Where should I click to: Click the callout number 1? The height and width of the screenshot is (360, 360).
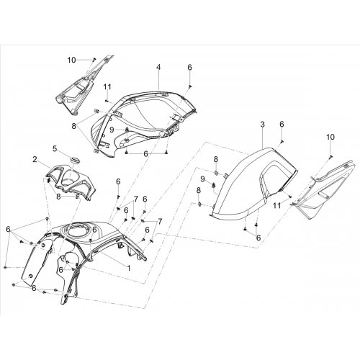(129, 268)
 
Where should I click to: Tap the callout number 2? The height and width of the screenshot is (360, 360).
(35, 159)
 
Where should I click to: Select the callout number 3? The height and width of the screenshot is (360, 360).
(262, 125)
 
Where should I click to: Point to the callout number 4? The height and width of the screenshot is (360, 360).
(158, 67)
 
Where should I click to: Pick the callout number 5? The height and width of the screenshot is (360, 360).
(55, 148)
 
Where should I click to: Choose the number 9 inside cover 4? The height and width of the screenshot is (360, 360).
(112, 130)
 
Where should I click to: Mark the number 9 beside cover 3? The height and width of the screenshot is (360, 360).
(203, 179)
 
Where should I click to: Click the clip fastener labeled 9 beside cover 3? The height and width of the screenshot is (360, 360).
(213, 184)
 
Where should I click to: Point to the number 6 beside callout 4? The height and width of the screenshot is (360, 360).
(189, 67)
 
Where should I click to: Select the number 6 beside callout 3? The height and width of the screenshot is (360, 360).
(282, 124)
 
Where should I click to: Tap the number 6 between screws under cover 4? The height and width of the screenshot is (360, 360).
(145, 154)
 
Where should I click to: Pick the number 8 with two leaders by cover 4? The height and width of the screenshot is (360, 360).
(73, 125)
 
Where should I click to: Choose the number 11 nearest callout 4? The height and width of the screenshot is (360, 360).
(107, 87)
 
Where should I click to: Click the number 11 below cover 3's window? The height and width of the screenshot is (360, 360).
(277, 205)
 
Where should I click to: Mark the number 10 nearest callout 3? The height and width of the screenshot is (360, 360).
(330, 137)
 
